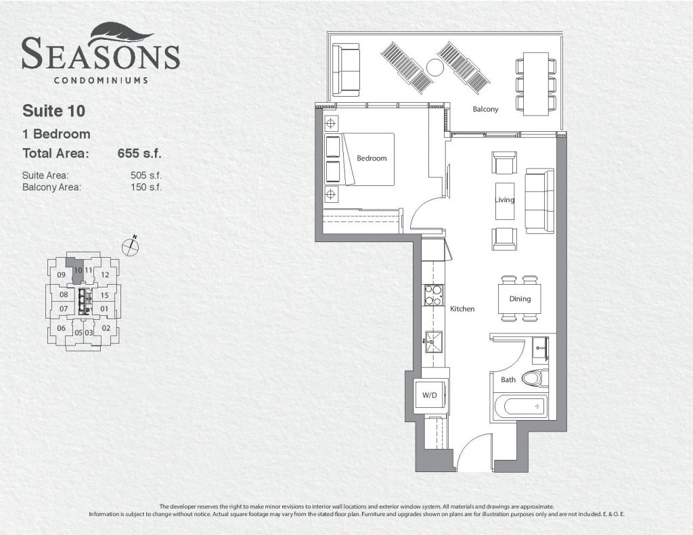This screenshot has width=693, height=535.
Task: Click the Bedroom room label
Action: coord(372,158)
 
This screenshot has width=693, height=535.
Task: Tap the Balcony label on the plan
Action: coord(485,109)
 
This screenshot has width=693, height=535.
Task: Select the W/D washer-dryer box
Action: coord(430,396)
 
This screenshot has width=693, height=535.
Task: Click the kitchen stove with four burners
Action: coord(432,295)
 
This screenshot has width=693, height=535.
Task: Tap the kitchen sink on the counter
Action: coord(433,342)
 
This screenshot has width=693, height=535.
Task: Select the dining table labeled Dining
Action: coord(520,299)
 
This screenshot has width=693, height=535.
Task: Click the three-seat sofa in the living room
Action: coord(539,201)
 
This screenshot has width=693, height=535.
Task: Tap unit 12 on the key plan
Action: coord(105,275)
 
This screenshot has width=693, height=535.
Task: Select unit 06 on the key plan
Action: coord(62,328)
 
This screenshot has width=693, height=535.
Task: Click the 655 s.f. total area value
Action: coord(139,154)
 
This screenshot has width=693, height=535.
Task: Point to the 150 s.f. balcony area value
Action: coord(146,187)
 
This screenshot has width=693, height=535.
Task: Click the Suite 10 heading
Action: coord(54,111)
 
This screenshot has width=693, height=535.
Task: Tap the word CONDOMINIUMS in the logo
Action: coord(101,80)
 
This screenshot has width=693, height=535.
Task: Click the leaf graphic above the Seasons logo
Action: coord(121,35)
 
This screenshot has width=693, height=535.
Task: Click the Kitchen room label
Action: coord(462,309)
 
